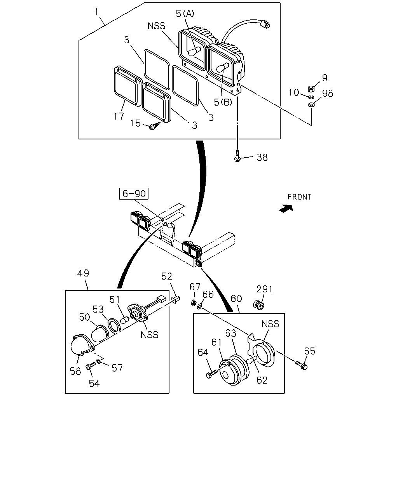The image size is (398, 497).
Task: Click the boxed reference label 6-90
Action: point(133,193)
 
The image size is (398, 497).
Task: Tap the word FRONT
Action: point(299,197)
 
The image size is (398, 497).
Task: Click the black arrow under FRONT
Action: point(286,209)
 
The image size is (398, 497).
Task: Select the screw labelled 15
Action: point(155,126)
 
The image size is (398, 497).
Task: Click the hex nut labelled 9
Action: point(311,89)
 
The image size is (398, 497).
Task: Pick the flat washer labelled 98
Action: point(311,105)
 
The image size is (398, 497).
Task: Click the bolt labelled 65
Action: point(302,365)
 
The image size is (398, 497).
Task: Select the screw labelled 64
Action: point(211,374)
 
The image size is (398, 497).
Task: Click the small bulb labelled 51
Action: point(125,320)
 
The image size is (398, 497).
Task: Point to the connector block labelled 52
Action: point(176,299)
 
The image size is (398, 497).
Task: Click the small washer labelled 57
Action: point(99,361)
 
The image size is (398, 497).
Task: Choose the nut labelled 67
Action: point(194,302)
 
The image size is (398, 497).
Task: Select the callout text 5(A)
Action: point(185,14)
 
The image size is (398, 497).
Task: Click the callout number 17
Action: point(119,116)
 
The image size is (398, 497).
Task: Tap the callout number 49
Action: point(83,273)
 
